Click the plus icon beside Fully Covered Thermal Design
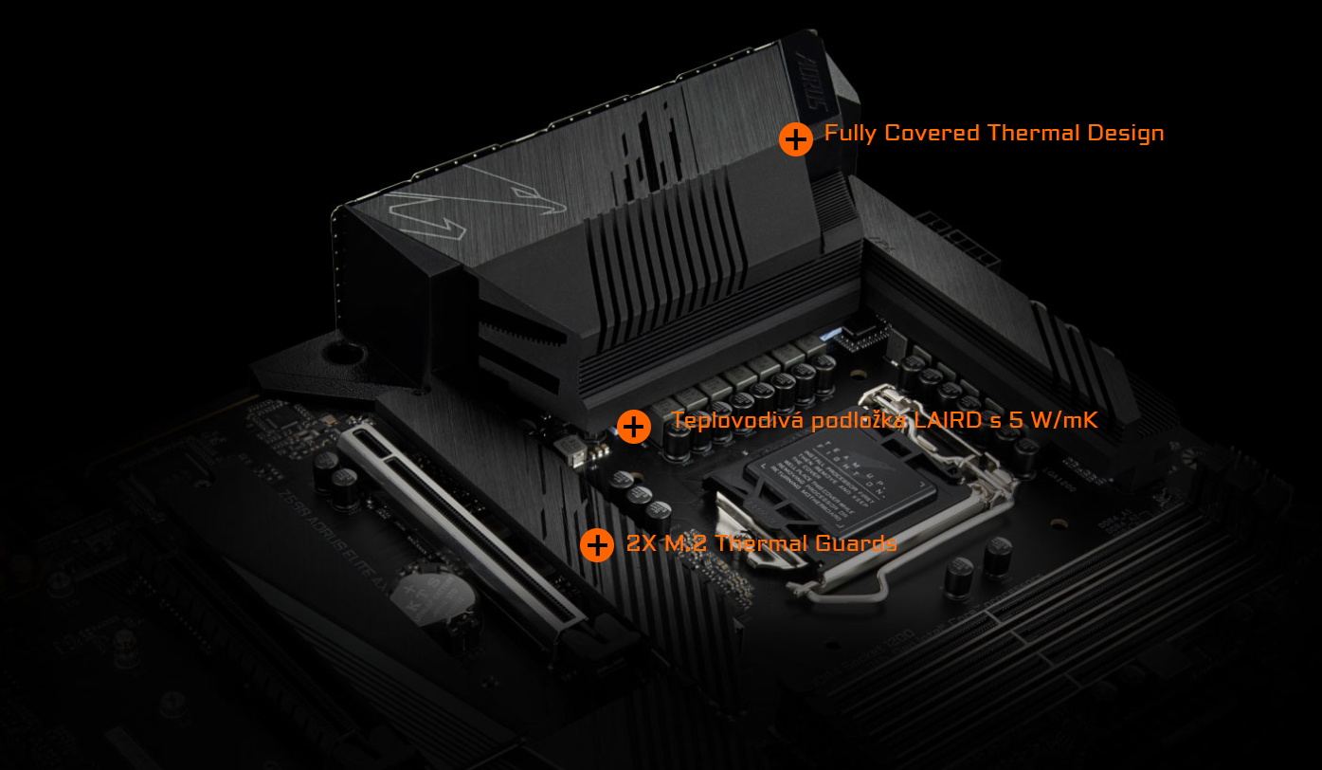(796, 139)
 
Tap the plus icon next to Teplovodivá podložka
(633, 427)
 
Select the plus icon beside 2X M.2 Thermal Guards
(597, 545)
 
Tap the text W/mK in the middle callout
(1065, 419)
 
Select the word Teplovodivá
(736, 419)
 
